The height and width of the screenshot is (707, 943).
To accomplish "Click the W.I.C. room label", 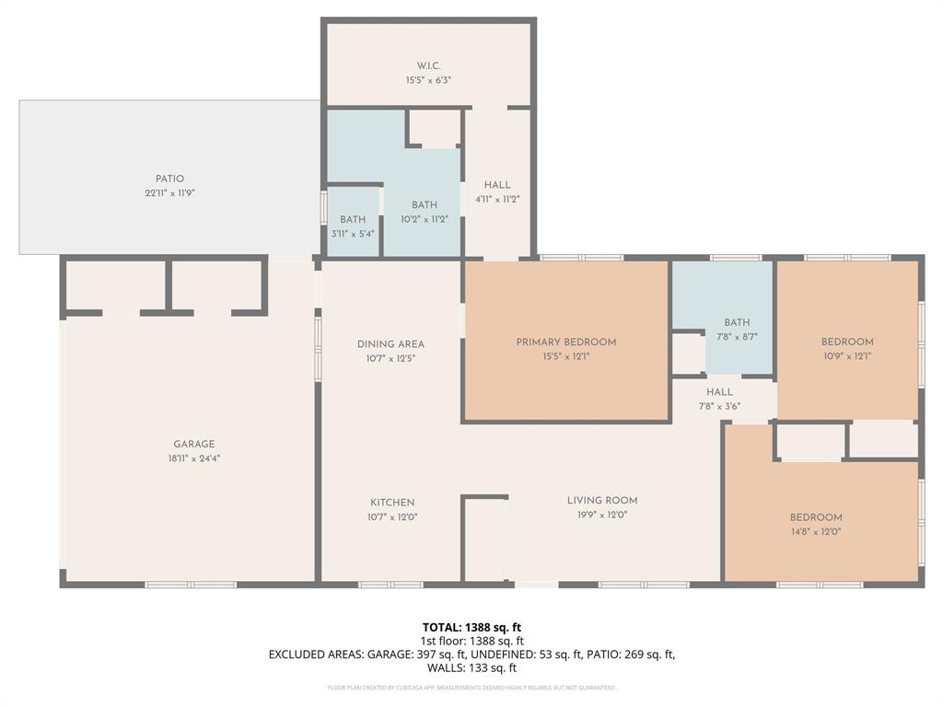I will pyautogui.click(x=428, y=66).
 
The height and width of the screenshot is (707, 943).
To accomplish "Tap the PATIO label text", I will pyautogui.click(x=169, y=179).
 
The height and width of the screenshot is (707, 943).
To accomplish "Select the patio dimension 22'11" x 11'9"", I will pyautogui.click(x=169, y=193).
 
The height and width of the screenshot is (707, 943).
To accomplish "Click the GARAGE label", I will pyautogui.click(x=194, y=444).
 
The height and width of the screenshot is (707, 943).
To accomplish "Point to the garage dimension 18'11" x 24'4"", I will pyautogui.click(x=194, y=458).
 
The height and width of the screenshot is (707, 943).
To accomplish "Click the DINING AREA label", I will pyautogui.click(x=390, y=344).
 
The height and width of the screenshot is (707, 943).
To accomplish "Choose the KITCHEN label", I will pyautogui.click(x=392, y=503).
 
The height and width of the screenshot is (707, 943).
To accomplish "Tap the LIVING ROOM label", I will pyautogui.click(x=602, y=501).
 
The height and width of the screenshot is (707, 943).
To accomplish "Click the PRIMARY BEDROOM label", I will pyautogui.click(x=566, y=342).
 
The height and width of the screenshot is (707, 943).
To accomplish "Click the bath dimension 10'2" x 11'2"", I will pyautogui.click(x=425, y=219).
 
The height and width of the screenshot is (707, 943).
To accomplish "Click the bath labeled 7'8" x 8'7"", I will pyautogui.click(x=737, y=330).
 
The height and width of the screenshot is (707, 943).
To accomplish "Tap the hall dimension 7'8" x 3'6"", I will pyautogui.click(x=719, y=405).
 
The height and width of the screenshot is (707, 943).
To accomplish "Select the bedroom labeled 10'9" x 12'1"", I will pyautogui.click(x=847, y=348).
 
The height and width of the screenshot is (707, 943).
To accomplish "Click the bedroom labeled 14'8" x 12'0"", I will pyautogui.click(x=816, y=524).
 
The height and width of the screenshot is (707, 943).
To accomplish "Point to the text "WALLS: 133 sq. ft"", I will pyautogui.click(x=471, y=668).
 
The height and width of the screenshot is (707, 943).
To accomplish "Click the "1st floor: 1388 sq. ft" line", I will pyautogui.click(x=472, y=641).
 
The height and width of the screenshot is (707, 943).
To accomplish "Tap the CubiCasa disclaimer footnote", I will pyautogui.click(x=471, y=688).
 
